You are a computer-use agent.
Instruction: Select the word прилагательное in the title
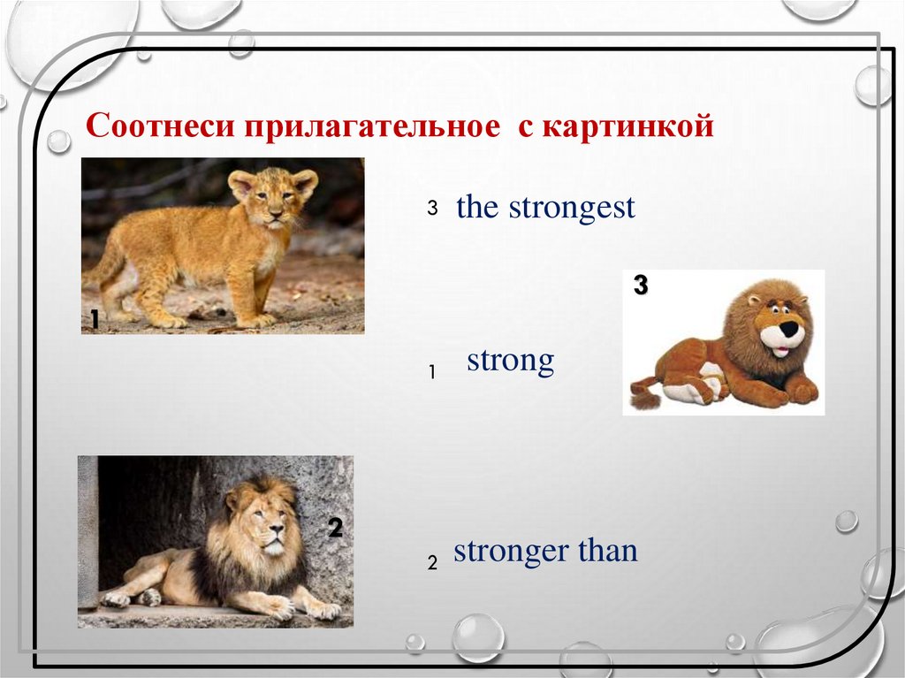tap(372, 126)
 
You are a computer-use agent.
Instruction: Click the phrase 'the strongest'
tap(545, 208)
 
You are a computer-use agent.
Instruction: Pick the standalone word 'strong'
tap(510, 361)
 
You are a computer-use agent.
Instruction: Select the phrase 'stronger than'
tap(545, 551)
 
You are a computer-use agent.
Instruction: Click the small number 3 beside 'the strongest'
tap(432, 208)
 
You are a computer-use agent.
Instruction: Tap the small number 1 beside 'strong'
tap(432, 373)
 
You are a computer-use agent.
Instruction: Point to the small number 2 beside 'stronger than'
tap(432, 562)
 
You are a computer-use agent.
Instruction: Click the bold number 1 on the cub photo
tap(95, 319)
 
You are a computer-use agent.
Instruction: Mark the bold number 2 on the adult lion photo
tap(335, 527)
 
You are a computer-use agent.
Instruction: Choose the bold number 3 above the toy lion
tap(641, 286)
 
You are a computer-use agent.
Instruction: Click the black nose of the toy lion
tap(789, 330)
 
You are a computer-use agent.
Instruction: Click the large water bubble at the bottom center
tap(478, 638)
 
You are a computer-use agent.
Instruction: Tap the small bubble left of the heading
tap(58, 141)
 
